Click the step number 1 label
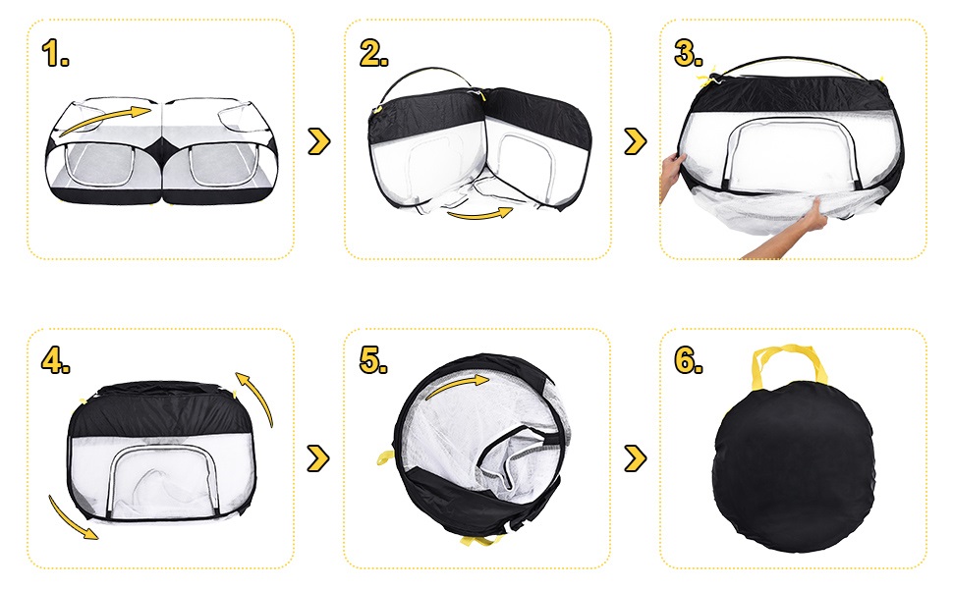click(55, 53)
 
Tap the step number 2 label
click(373, 53)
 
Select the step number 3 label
click(689, 53)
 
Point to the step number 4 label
click(55, 360)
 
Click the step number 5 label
click(372, 360)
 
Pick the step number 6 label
click(689, 360)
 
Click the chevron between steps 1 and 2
click(319, 141)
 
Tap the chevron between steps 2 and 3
click(636, 141)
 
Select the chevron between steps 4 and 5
click(318, 458)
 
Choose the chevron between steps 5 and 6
click(636, 458)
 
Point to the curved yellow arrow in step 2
click(480, 214)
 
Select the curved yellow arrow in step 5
click(456, 385)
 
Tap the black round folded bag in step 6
click(794, 466)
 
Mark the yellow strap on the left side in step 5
click(385, 456)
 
